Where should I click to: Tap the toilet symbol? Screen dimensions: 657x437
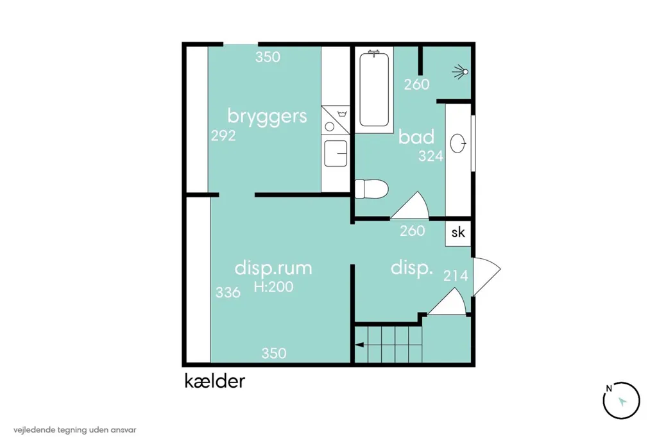point(371,189)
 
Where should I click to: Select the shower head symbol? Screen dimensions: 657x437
point(461,72)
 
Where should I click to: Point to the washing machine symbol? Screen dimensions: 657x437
point(335,120)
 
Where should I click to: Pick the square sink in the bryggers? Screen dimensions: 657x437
point(336,153)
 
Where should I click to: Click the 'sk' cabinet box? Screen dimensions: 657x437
point(458,233)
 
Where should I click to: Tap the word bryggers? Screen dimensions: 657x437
point(267,116)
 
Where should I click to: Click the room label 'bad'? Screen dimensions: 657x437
point(416,136)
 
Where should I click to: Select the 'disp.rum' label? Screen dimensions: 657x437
point(273,268)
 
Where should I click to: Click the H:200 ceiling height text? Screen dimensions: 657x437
point(273,286)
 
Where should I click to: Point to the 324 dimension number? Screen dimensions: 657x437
point(431,156)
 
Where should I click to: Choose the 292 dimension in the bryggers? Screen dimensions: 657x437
point(223,136)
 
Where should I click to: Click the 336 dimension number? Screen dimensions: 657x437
point(228,292)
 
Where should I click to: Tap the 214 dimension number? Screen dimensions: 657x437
point(456,276)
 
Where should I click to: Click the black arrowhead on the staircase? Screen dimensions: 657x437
point(359,345)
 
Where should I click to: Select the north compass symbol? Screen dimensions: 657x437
point(621,400)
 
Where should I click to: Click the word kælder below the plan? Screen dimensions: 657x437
point(214,381)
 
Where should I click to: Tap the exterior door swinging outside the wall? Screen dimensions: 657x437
point(486,276)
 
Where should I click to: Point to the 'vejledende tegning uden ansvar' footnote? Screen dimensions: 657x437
point(74,430)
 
